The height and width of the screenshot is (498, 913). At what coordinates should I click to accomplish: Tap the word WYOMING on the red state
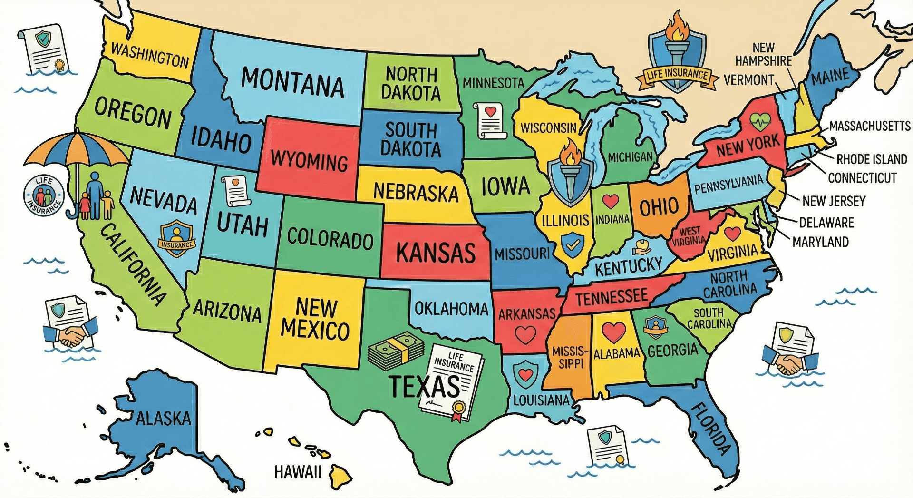[x=310, y=160]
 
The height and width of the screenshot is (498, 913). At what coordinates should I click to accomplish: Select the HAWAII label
[x=298, y=472]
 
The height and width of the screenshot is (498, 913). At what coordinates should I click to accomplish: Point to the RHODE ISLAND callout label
[x=872, y=159]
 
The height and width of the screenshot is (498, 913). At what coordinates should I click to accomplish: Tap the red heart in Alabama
[x=613, y=332]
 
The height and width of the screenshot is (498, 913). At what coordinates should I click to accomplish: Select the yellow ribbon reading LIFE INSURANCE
[x=677, y=76]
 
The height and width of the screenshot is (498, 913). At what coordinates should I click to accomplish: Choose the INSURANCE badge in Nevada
[x=176, y=238]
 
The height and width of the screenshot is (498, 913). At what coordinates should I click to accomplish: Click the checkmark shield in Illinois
[x=573, y=244]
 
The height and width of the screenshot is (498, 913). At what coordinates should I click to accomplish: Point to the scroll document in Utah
[x=235, y=190]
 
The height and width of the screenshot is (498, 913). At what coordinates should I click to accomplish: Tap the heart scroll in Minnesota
[x=490, y=121]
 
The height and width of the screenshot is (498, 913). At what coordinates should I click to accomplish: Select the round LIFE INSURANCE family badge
[x=43, y=195]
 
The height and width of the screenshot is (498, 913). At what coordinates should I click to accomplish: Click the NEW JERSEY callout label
[x=834, y=201]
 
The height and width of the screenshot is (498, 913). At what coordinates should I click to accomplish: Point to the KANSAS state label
[x=436, y=252]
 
